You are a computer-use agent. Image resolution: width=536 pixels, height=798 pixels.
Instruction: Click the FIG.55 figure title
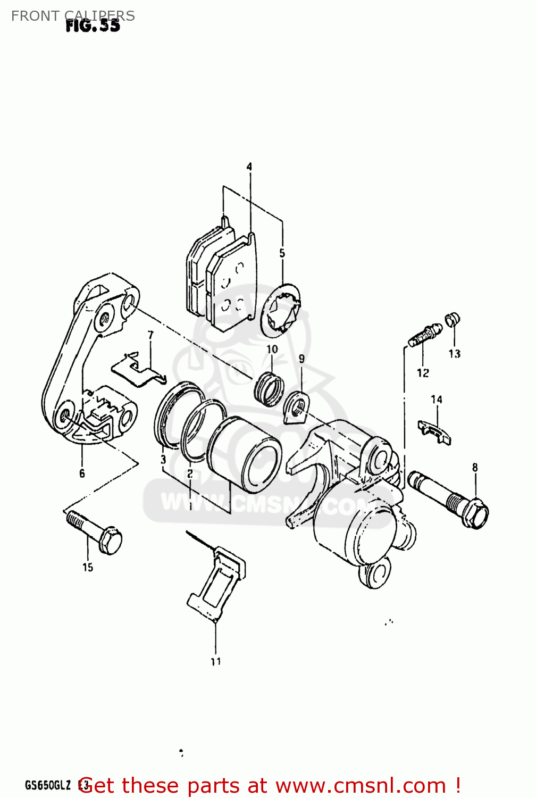coord(93,26)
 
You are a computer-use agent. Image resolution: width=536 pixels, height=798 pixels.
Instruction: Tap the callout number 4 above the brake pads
coord(249,167)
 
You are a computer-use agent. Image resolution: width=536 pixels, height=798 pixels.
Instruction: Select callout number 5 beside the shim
coord(282,254)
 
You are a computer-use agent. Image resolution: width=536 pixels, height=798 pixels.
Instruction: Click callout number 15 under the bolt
coord(88,568)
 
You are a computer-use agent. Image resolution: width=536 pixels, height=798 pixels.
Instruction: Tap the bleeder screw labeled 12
coord(424,336)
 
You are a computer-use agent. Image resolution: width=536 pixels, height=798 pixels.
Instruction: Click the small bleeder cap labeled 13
coord(452,320)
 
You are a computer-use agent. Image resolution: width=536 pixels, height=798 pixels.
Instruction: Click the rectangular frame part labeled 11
coord(216,585)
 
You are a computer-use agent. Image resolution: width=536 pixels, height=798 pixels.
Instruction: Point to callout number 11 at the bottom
coord(215,662)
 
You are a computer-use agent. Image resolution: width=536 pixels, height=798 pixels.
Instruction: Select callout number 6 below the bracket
coord(82,473)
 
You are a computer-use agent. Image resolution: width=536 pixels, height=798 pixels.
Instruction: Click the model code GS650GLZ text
coord(48,785)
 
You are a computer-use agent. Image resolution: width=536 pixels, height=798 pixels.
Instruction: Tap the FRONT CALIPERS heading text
coord(73,16)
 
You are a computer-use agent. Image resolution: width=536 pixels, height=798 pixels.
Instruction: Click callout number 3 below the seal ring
coord(163,460)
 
